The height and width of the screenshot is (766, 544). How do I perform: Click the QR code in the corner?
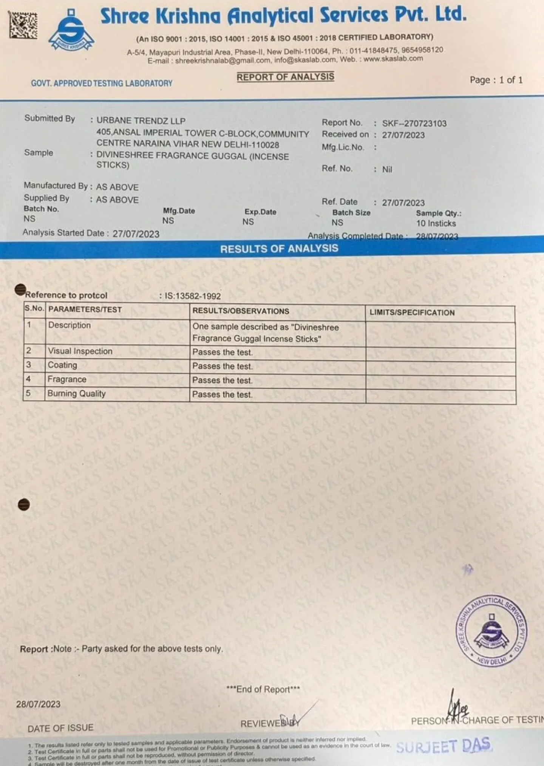coord(23,25)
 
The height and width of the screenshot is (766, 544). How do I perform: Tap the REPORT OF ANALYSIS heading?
coord(285,77)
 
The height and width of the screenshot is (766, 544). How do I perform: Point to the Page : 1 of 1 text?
coord(496,80)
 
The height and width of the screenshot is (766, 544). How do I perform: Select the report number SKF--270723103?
coord(414,123)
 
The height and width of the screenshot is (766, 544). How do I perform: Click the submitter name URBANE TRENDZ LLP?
coord(141,121)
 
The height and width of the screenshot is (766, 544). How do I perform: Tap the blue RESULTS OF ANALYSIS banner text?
coord(279,249)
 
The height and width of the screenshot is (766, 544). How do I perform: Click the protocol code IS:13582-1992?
coord(192,296)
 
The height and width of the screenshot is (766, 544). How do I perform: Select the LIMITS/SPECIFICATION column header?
coord(412,313)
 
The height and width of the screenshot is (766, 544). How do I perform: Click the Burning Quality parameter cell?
coord(76,393)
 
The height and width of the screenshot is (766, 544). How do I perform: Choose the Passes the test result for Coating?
coord(222,366)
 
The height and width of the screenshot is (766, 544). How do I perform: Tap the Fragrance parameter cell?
coord(67,379)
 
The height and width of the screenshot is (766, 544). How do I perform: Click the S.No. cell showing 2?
coord(29,351)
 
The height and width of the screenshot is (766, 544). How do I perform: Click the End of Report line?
coord(263,689)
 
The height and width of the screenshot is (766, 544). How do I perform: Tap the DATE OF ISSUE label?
coord(60,727)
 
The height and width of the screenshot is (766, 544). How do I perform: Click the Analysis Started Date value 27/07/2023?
coord(136,234)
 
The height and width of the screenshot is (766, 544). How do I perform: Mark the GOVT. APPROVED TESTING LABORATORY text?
coord(102,83)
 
